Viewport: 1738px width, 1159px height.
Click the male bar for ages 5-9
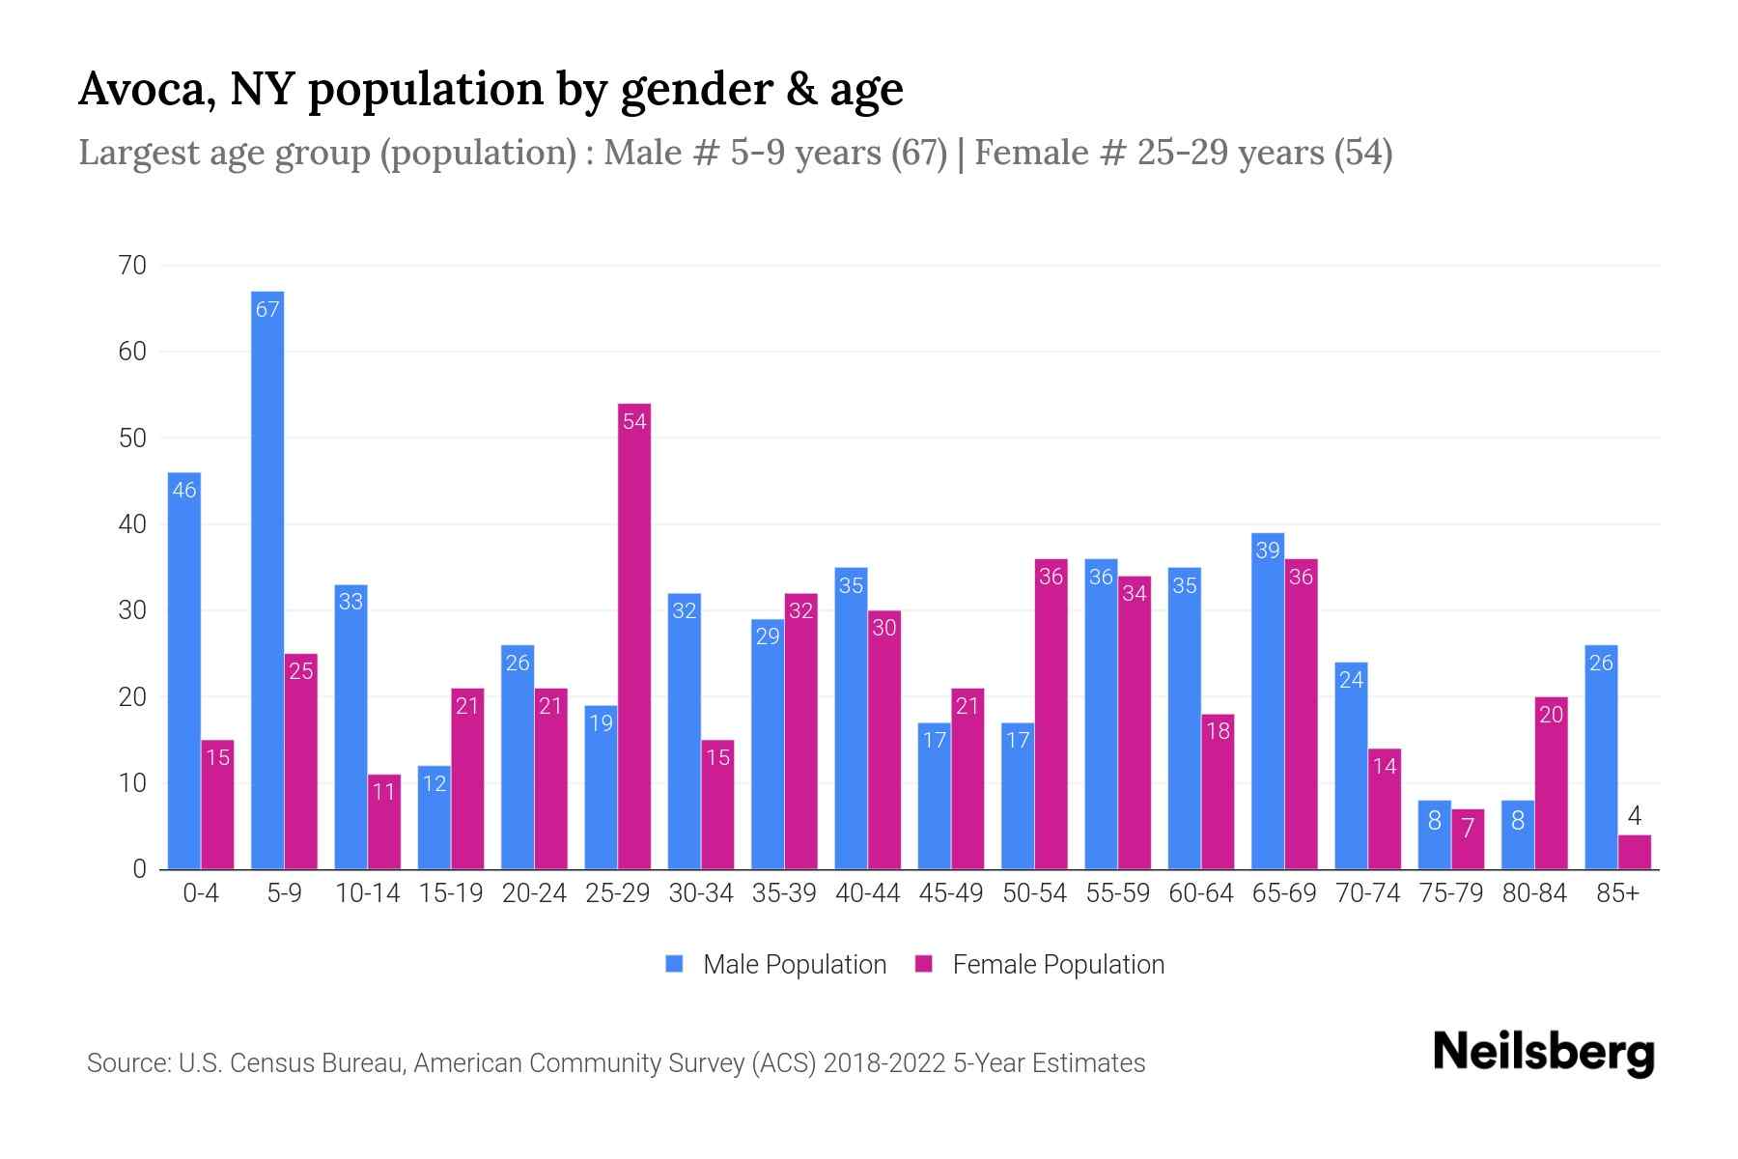(267, 579)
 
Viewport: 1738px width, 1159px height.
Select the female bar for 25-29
(634, 637)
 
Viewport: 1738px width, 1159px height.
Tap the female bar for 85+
(1634, 852)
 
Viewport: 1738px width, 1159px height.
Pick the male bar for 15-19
(434, 817)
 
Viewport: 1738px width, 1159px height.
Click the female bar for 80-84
(1551, 782)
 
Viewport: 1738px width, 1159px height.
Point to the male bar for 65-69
(1268, 701)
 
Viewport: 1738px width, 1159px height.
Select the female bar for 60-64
(1218, 792)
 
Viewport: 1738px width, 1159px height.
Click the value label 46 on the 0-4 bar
(184, 491)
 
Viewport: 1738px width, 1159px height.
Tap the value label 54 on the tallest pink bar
(634, 422)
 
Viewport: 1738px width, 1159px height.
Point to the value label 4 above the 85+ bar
(1634, 817)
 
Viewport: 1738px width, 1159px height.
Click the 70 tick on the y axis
(132, 266)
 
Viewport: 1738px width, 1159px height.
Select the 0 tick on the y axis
(140, 869)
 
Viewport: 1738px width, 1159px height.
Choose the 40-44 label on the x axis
(867, 894)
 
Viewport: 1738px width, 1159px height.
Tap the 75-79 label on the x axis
(1450, 894)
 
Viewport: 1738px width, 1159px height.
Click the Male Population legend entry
(794, 965)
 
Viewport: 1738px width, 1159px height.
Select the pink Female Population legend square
(924, 964)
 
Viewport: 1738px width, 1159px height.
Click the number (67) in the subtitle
(918, 153)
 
